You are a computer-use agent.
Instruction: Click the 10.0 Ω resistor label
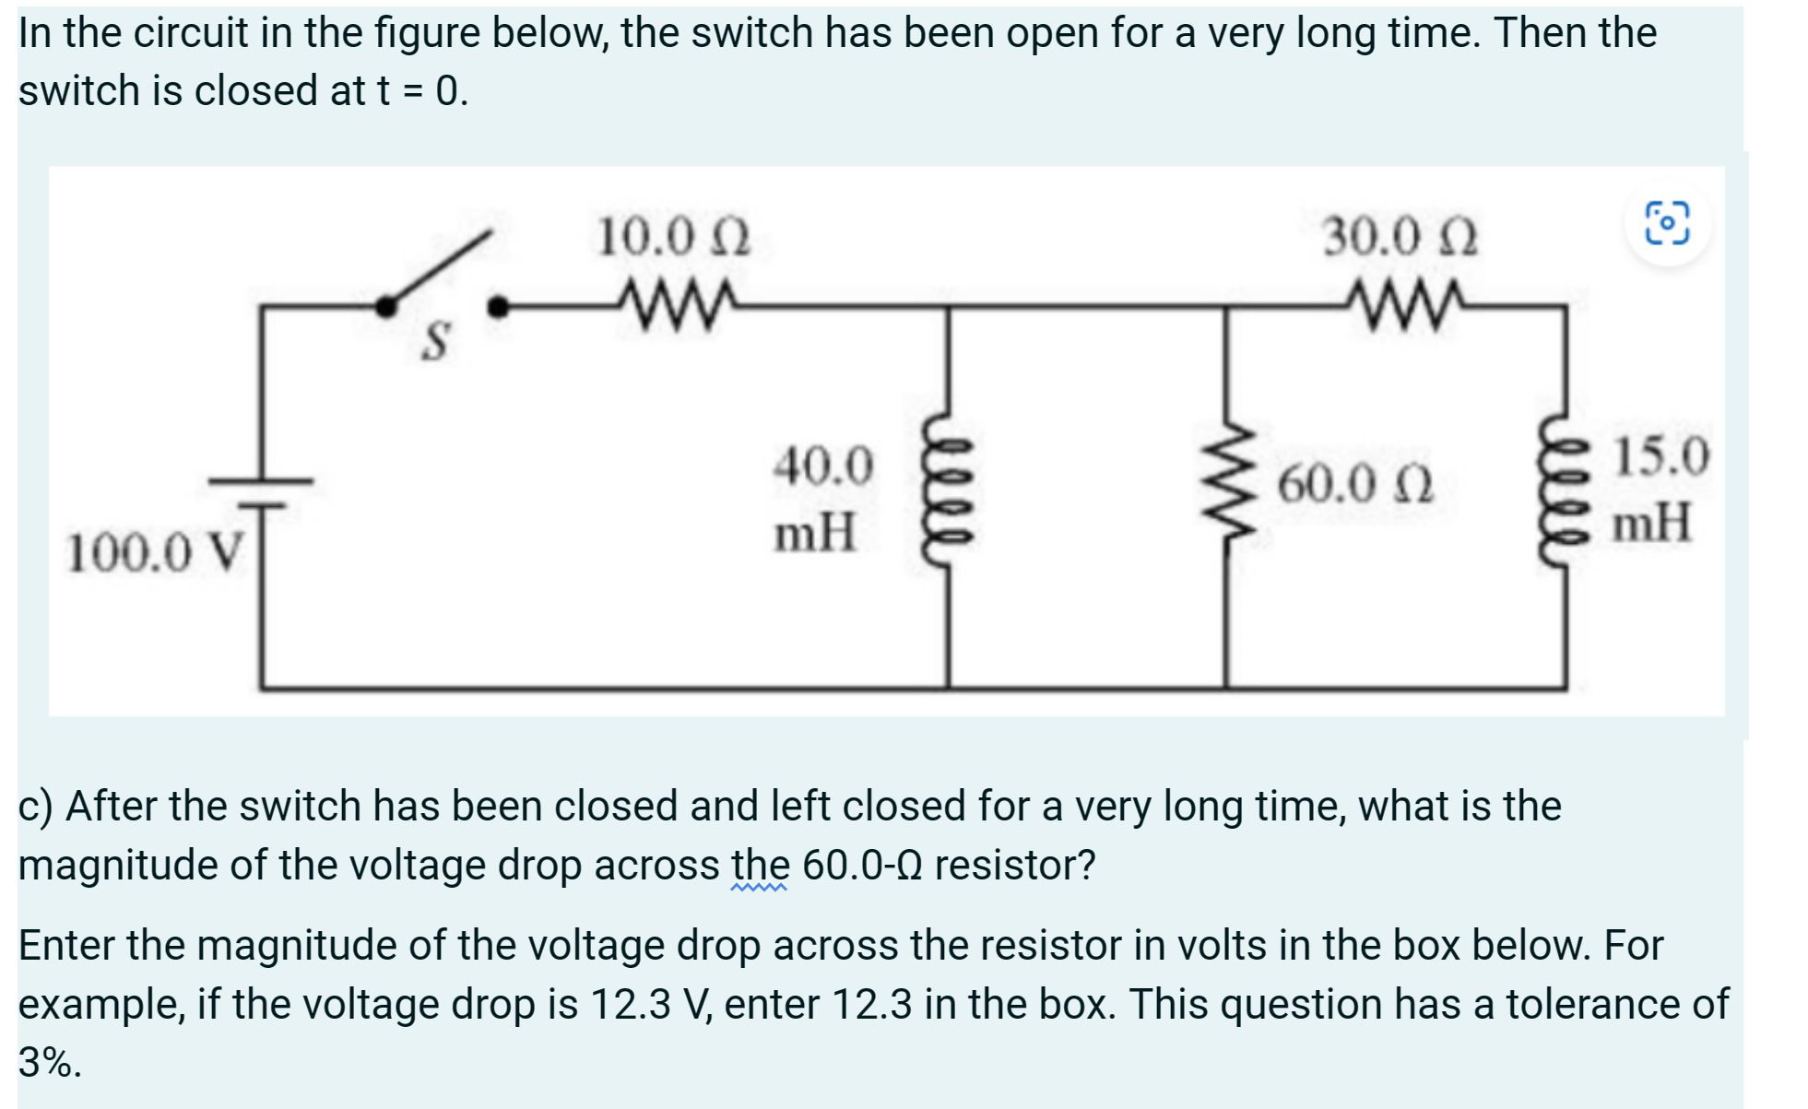pos(673,238)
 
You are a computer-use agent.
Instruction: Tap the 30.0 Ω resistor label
pos(1400,238)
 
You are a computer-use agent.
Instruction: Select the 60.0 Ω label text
pos(1354,484)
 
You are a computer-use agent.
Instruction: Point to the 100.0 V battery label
pos(155,553)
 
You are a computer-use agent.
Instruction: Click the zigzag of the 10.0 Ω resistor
pos(678,301)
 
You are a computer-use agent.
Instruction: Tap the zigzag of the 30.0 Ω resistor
pos(1403,301)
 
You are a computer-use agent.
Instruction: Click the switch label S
pos(435,341)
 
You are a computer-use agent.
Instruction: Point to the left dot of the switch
pos(386,307)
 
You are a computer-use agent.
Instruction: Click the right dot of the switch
pos(498,307)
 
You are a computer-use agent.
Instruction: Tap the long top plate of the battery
pos(261,480)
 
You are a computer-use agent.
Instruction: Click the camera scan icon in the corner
pos(1667,224)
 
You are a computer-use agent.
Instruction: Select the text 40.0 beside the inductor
pos(822,466)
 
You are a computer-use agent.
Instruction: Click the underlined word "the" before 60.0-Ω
pos(760,866)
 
